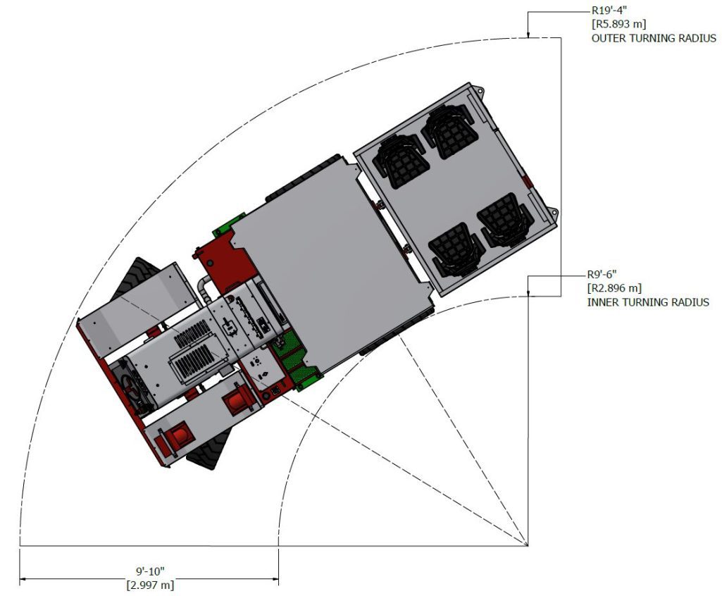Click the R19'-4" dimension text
pyautogui.click(x=609, y=11)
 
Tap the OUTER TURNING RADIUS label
pyautogui.click(x=653, y=38)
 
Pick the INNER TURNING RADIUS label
pyautogui.click(x=648, y=302)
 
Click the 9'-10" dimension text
pyautogui.click(x=150, y=571)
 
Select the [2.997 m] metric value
pyautogui.click(x=150, y=585)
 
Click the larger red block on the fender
pyautogui.click(x=236, y=402)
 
